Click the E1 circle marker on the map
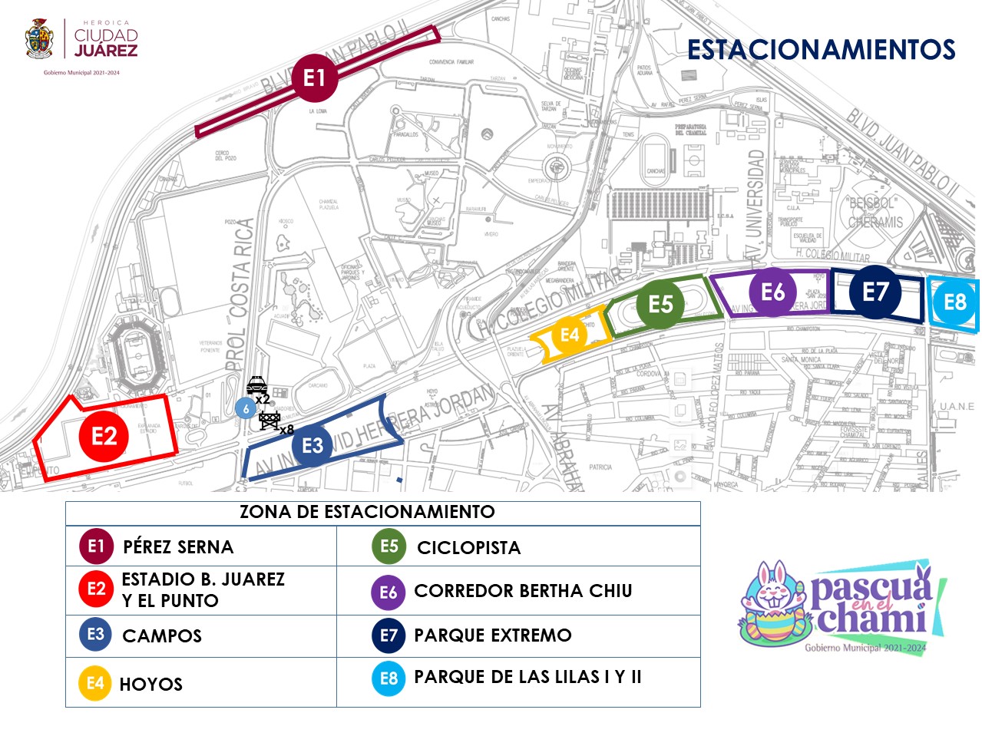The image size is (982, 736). (x=314, y=78)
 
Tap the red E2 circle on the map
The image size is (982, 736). (x=104, y=437)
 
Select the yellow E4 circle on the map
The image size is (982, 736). (x=569, y=335)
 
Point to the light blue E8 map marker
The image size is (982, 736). (x=954, y=302)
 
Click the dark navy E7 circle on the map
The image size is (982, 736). (x=875, y=292)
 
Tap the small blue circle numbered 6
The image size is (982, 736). (x=246, y=408)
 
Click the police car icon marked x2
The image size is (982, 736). (x=256, y=385)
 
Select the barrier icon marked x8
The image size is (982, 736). (x=269, y=420)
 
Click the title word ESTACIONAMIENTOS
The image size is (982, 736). (x=821, y=50)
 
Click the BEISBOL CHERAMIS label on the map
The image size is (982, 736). (x=875, y=213)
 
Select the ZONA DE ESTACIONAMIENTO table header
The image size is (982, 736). (x=367, y=512)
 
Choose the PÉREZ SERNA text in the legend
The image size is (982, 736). (x=178, y=547)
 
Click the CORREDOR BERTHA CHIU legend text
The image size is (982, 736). (x=523, y=591)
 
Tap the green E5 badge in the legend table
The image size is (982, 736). (x=389, y=546)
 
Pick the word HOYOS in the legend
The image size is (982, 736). (x=151, y=684)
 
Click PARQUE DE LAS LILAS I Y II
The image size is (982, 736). (x=527, y=677)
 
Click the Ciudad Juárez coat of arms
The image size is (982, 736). (x=39, y=40)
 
